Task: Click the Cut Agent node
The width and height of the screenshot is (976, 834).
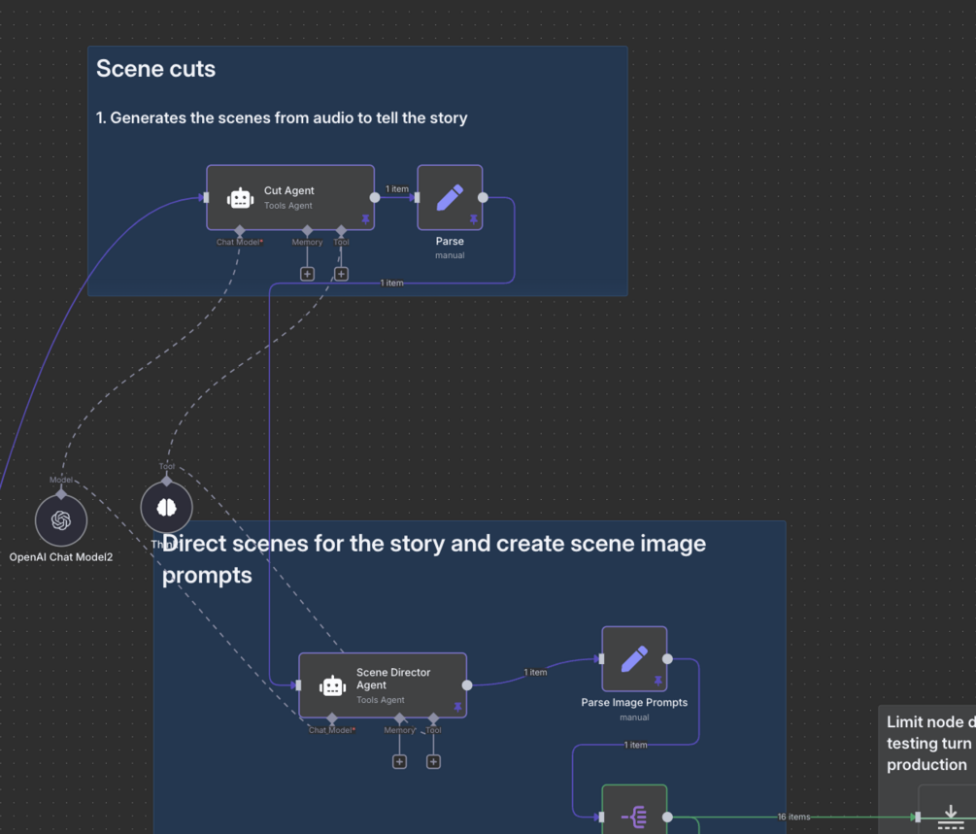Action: tap(289, 197)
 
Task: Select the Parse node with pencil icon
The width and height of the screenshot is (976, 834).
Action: tap(450, 197)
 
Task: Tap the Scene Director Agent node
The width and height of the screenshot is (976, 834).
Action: tap(382, 684)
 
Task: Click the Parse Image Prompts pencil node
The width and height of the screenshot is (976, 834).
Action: tap(634, 659)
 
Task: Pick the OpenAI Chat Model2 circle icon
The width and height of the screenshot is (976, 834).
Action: tap(61, 520)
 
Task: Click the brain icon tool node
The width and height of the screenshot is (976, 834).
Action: tap(167, 507)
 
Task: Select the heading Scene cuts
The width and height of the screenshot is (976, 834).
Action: tap(155, 69)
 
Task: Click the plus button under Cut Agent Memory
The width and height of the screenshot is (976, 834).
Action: tap(307, 274)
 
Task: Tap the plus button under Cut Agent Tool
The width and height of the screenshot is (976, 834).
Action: tap(341, 274)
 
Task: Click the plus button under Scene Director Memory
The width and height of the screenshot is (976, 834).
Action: tap(399, 761)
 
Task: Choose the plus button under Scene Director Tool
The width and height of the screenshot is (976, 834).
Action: tap(433, 761)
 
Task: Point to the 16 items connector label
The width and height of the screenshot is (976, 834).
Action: tap(793, 817)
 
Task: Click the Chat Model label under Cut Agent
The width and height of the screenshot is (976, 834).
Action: tap(239, 242)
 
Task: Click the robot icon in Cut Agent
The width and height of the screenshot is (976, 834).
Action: tap(240, 198)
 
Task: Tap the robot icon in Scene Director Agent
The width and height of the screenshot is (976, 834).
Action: tap(333, 685)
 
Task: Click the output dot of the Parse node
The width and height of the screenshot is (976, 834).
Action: tap(483, 197)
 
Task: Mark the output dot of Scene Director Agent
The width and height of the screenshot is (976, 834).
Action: tap(467, 684)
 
